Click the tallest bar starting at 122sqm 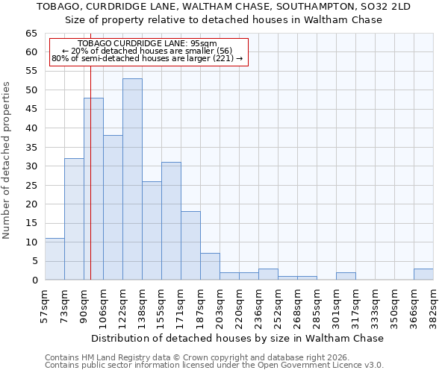(132, 179)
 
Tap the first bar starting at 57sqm (55, 259)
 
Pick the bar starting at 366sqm (423, 274)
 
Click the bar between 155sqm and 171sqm (171, 221)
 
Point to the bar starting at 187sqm (210, 266)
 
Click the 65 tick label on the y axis (31, 34)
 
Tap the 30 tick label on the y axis (31, 166)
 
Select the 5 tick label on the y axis (34, 261)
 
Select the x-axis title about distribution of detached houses (238, 338)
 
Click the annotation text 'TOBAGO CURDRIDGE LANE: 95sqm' (147, 44)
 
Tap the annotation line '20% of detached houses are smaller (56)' (147, 51)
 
